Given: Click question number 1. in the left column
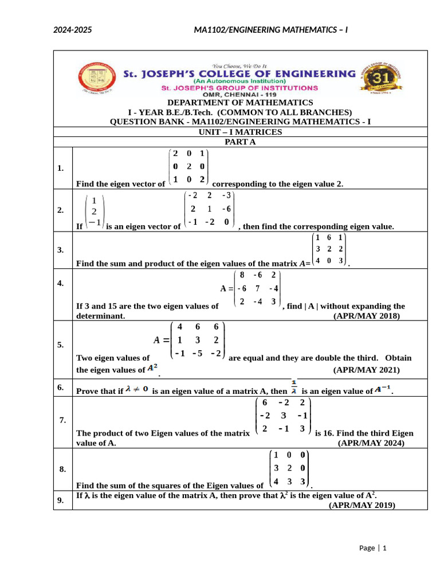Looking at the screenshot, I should (x=61, y=168).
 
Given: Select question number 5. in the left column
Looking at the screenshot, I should (x=61, y=345).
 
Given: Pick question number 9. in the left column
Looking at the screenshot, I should (x=61, y=500).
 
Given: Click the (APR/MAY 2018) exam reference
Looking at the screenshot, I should (x=367, y=316).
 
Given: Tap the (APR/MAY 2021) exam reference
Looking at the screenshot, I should (x=367, y=370).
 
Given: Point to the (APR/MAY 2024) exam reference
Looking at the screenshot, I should (x=371, y=443).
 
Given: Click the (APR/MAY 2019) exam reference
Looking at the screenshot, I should (x=362, y=506).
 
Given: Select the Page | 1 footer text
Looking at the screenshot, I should (x=373, y=548).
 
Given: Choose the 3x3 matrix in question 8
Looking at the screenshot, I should (x=289, y=468).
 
